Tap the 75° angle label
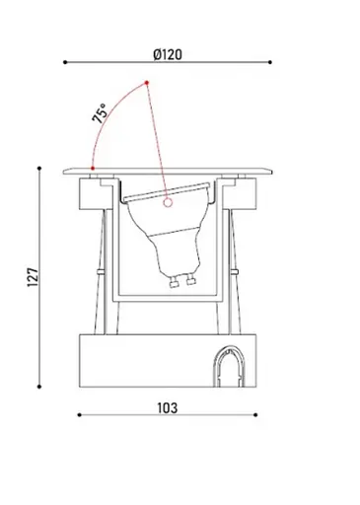point(101,113)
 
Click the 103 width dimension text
point(169,407)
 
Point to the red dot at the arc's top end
point(146,81)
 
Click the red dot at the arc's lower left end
point(92,169)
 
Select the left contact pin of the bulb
point(174,280)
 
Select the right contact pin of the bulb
point(186,282)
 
